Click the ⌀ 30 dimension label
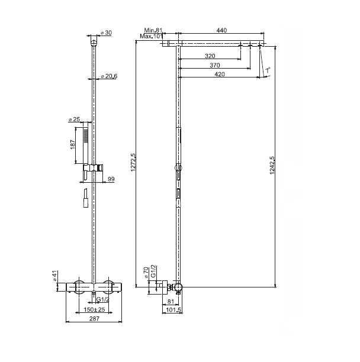[x=107, y=33]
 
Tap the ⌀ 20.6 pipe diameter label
[x=109, y=76]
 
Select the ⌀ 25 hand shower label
[x=74, y=119]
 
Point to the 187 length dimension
[x=73, y=144]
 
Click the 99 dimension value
[x=111, y=179]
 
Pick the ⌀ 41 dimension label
[x=54, y=276]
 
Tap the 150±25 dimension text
[x=94, y=309]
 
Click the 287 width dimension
[x=94, y=319]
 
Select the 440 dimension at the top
[x=221, y=30]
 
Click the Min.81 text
[x=153, y=30]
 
